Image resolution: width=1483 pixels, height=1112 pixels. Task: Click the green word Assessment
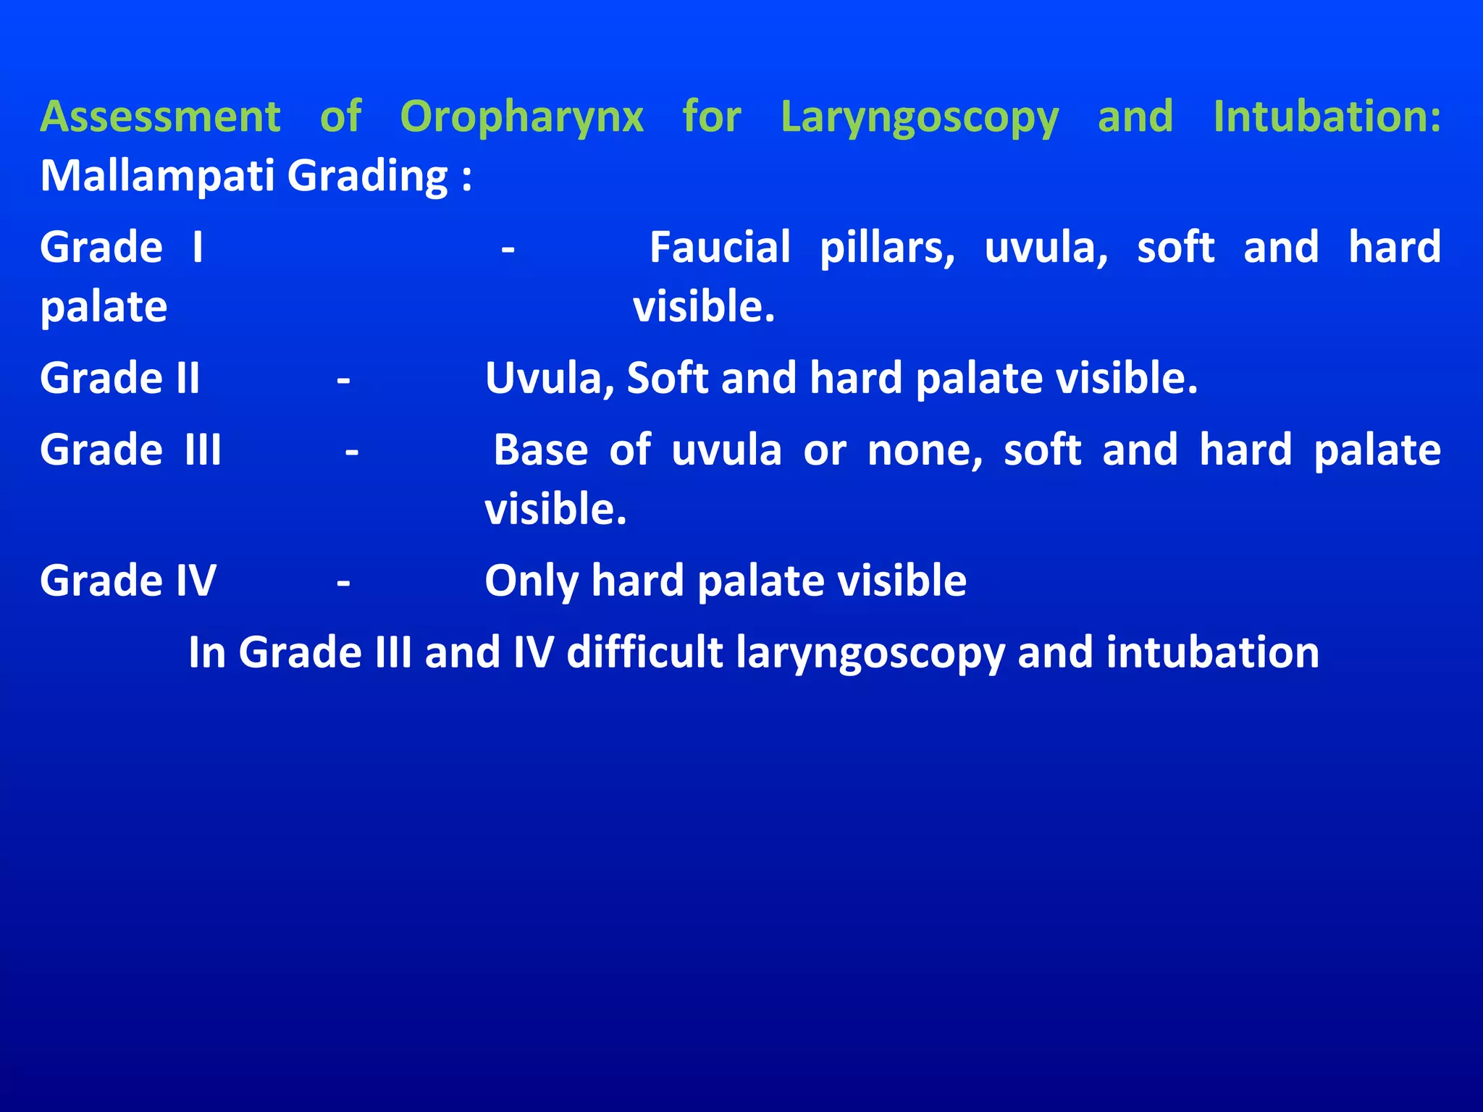(x=160, y=117)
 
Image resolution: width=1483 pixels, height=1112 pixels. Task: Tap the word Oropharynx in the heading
(x=521, y=117)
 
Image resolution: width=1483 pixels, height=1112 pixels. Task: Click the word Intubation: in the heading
(x=1327, y=117)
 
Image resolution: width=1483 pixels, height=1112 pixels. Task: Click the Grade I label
(x=121, y=248)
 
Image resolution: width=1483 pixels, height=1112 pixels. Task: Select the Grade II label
(x=119, y=378)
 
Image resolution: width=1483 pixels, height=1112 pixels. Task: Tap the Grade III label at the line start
(x=130, y=450)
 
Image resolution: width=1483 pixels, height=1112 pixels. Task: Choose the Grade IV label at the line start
(x=127, y=581)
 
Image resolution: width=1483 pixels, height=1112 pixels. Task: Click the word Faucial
(x=719, y=248)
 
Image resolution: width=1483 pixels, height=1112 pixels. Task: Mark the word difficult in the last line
(x=644, y=652)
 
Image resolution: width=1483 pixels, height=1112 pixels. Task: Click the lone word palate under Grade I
(x=104, y=307)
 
